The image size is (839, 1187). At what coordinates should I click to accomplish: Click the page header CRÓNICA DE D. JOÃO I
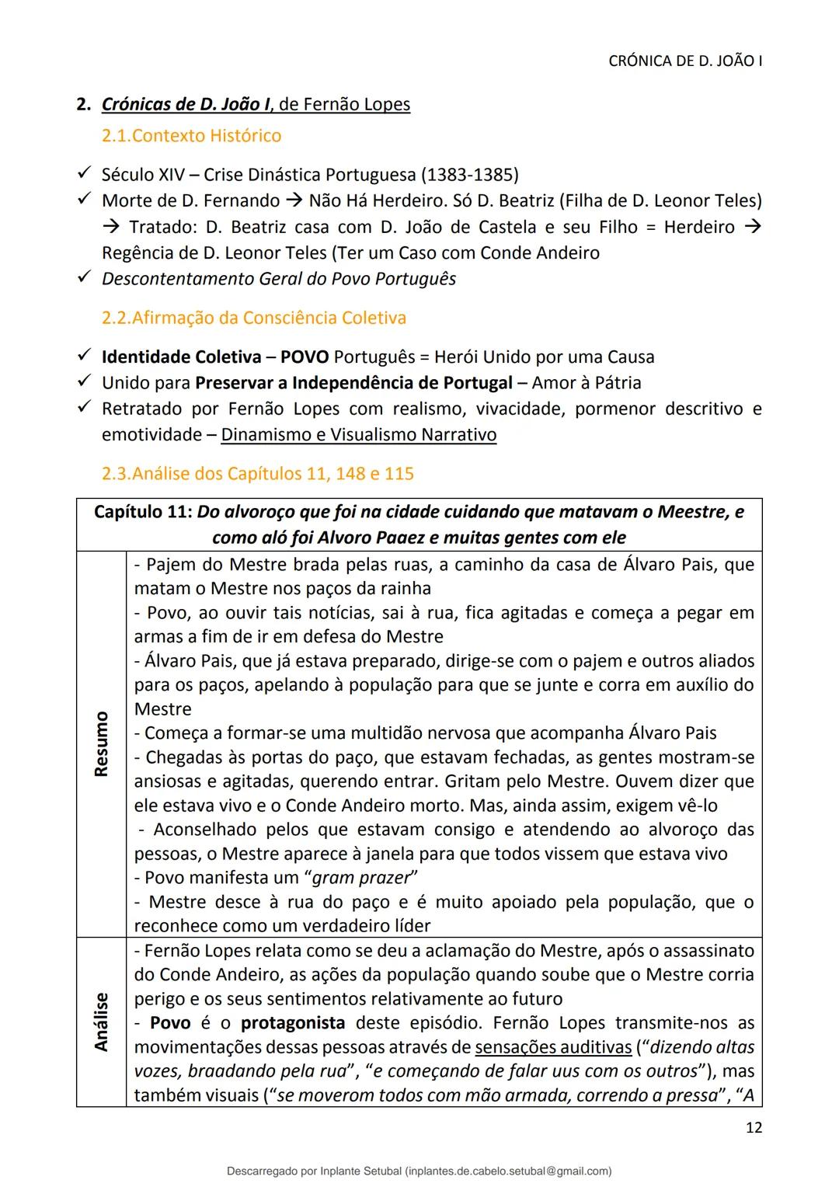[x=684, y=61]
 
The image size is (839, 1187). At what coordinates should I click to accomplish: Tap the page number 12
[x=753, y=1127]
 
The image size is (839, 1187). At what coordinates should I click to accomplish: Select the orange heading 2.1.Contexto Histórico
[x=191, y=136]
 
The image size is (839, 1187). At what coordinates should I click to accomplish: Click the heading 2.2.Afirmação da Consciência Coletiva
[x=254, y=318]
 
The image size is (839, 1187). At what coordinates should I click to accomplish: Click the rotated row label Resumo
[x=101, y=743]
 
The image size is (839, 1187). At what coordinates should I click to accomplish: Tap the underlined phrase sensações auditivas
[x=553, y=1047]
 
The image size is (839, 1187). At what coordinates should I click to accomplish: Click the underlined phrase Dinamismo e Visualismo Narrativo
[x=358, y=434]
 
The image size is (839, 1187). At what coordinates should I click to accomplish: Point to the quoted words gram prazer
[x=361, y=878]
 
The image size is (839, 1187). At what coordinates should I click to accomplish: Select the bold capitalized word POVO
[x=305, y=357]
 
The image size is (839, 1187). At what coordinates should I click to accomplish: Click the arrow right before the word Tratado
[x=111, y=227]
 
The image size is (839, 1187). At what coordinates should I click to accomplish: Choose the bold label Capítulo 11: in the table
[x=143, y=512]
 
